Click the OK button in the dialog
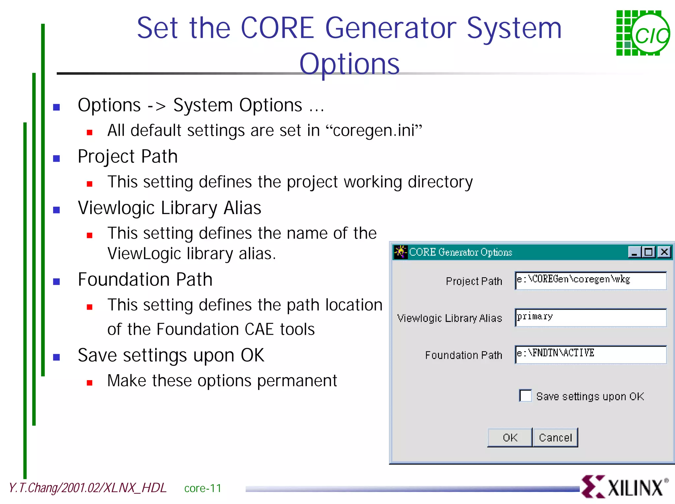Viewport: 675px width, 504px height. pyautogui.click(x=510, y=437)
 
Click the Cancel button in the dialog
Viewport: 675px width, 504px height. pyautogui.click(x=555, y=437)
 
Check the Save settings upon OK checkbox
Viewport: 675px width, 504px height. pyautogui.click(x=525, y=396)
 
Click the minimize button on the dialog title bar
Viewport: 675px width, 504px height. pyautogui.click(x=634, y=252)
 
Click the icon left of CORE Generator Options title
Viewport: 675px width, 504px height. pyautogui.click(x=400, y=252)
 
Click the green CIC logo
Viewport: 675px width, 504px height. pyautogui.click(x=643, y=33)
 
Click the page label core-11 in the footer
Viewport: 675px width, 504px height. pyautogui.click(x=203, y=488)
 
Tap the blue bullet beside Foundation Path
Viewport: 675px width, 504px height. pyautogui.click(x=57, y=282)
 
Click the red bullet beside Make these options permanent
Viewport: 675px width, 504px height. pyautogui.click(x=89, y=383)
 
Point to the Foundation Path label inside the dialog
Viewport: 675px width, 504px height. pyautogui.click(x=463, y=355)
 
